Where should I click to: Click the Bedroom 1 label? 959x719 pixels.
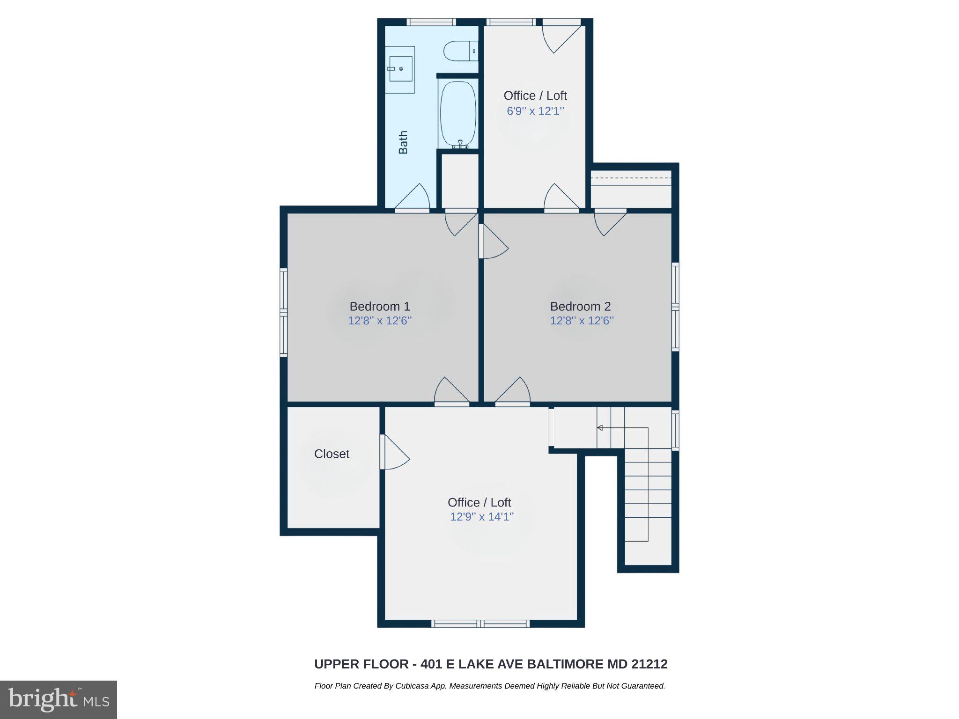pyautogui.click(x=379, y=307)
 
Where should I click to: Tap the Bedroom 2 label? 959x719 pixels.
pyautogui.click(x=580, y=307)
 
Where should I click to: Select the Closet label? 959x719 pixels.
pyautogui.click(x=332, y=454)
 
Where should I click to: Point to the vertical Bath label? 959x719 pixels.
pyautogui.click(x=403, y=142)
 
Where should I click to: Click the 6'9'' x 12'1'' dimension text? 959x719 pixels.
pyautogui.click(x=535, y=111)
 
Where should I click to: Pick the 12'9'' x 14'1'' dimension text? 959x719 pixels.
pyautogui.click(x=481, y=517)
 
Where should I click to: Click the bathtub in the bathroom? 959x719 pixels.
pyautogui.click(x=458, y=114)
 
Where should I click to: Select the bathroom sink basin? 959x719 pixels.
pyautogui.click(x=400, y=69)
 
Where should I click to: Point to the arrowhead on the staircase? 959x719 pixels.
pyautogui.click(x=599, y=427)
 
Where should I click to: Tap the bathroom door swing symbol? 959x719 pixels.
pyautogui.click(x=414, y=197)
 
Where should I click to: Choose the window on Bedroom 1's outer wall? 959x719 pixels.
pyautogui.click(x=283, y=312)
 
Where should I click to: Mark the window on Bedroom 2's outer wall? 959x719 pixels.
pyautogui.click(x=675, y=307)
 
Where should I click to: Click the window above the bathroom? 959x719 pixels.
pyautogui.click(x=431, y=22)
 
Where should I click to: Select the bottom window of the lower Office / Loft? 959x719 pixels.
pyautogui.click(x=480, y=624)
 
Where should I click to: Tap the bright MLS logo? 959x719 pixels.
pyautogui.click(x=59, y=699)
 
